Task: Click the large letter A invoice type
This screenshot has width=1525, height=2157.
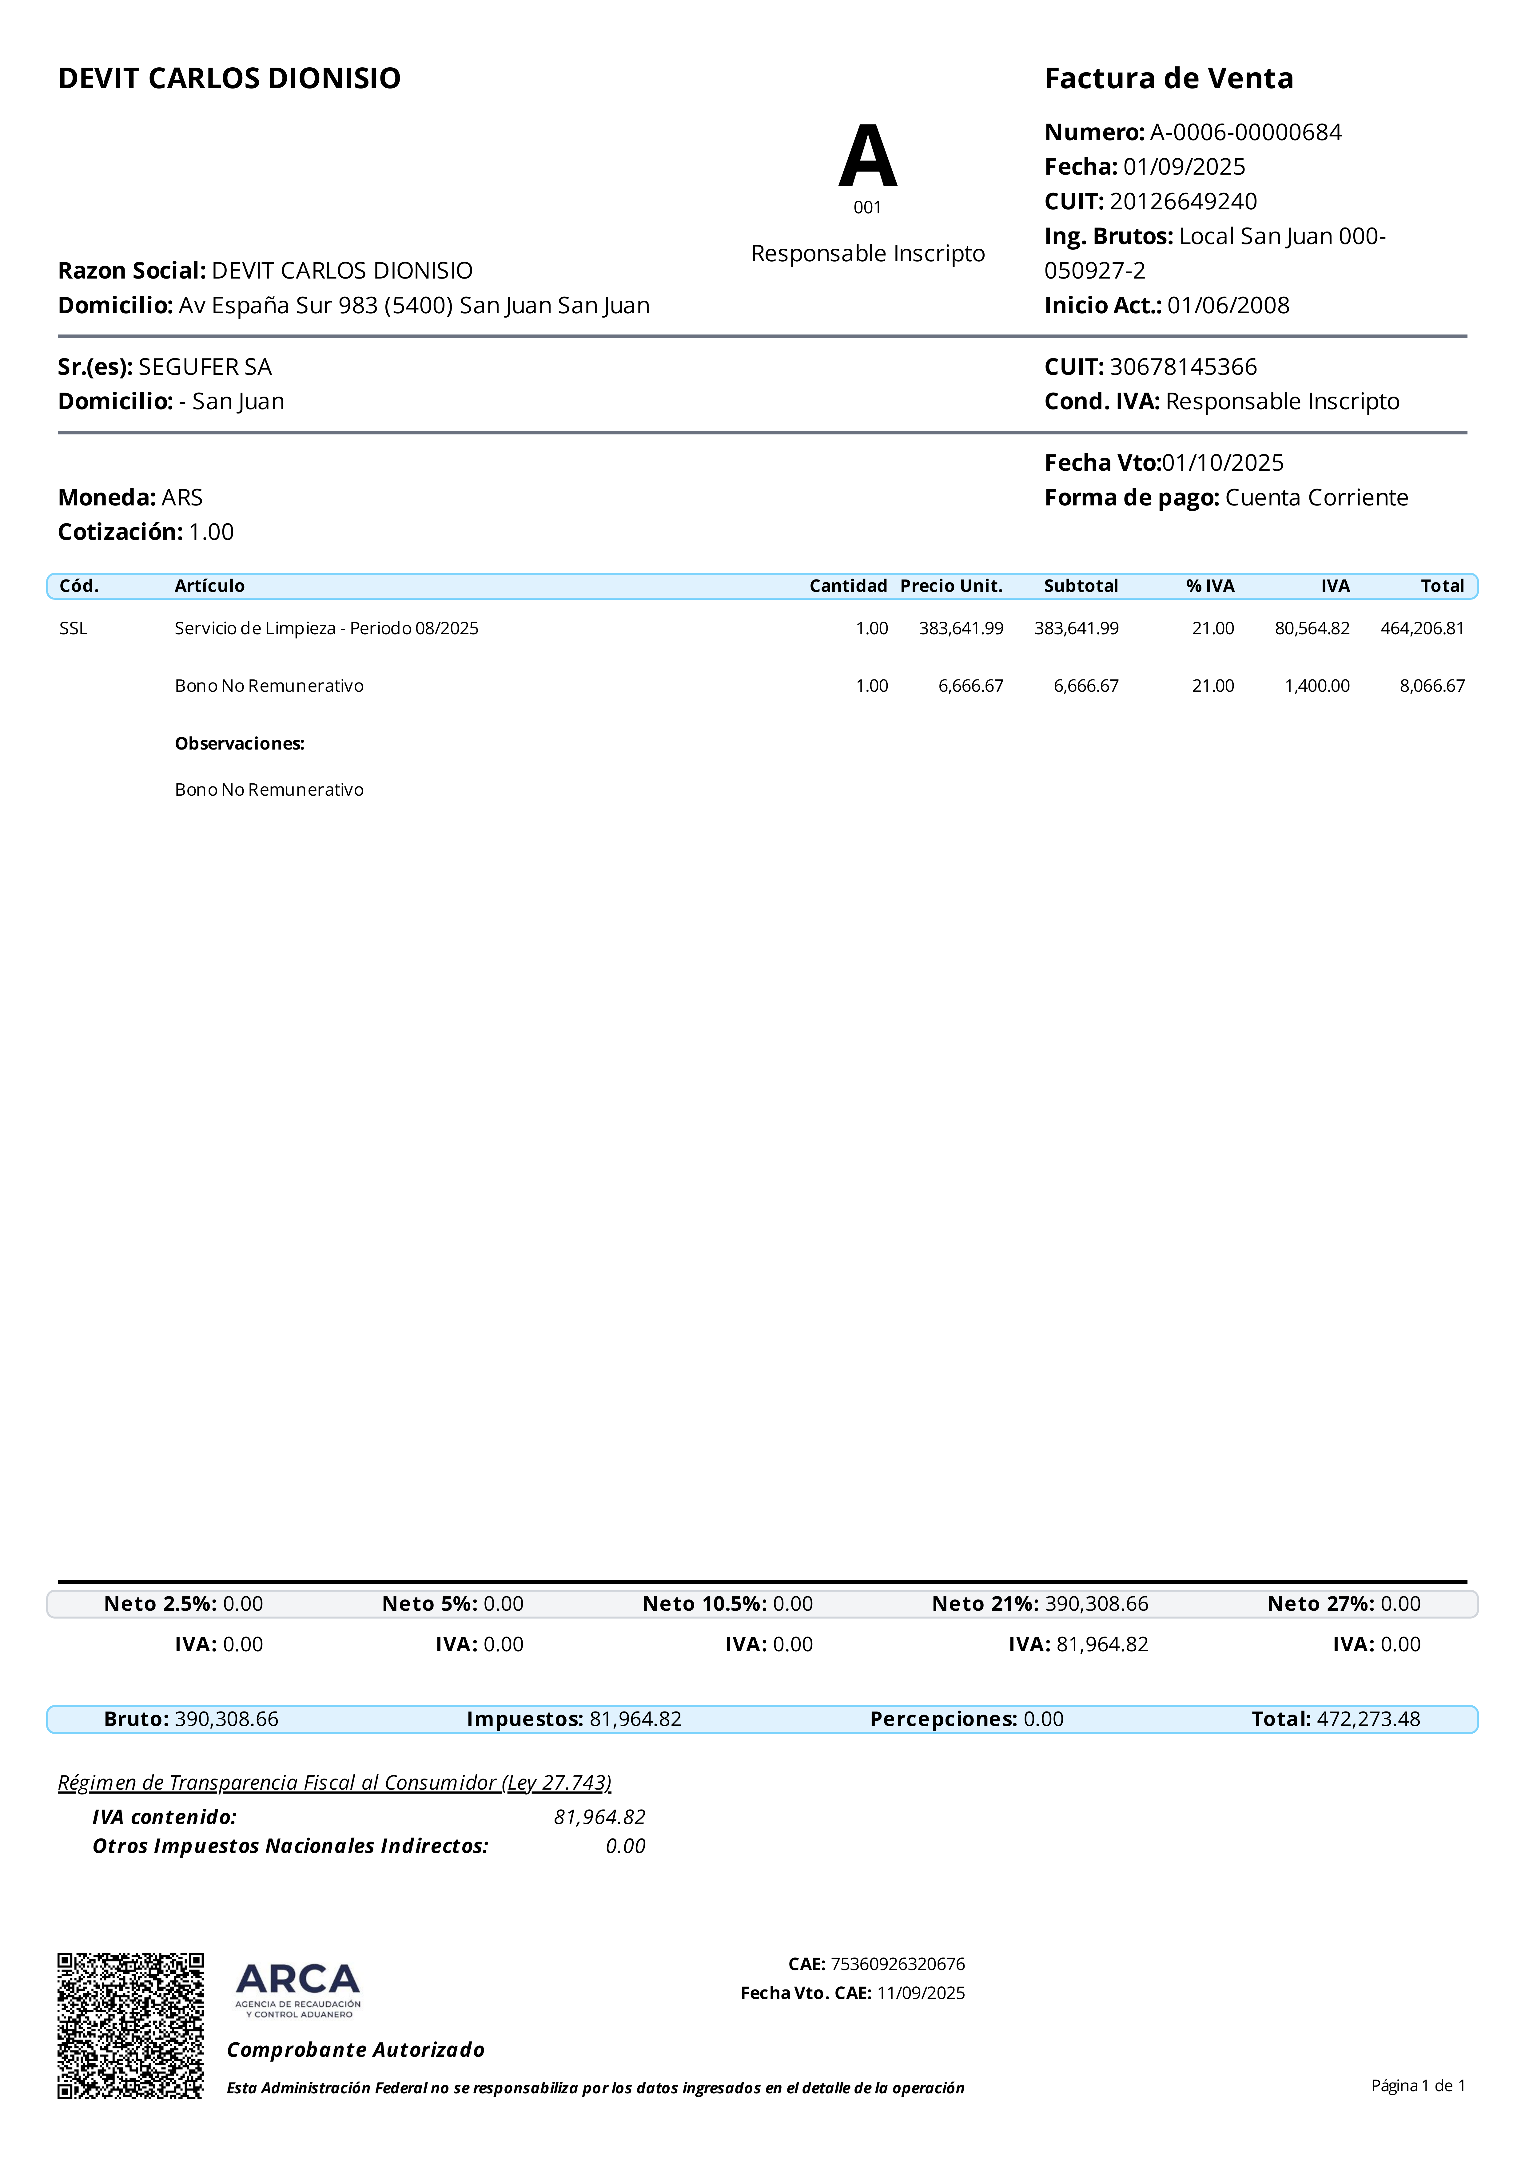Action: coord(867,157)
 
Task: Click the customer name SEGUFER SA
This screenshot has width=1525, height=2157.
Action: coord(205,366)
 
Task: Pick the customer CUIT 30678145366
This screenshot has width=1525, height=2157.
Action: coord(1183,366)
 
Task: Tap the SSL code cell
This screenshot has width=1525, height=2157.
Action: coord(73,628)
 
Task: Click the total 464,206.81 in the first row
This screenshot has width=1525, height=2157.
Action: coord(1422,628)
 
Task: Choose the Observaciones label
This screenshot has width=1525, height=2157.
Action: coord(240,743)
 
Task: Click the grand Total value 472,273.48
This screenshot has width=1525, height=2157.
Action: coord(1368,1719)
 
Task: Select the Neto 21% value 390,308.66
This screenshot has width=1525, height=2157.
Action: coord(1097,1604)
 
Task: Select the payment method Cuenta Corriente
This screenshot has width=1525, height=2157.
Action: coord(1316,498)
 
